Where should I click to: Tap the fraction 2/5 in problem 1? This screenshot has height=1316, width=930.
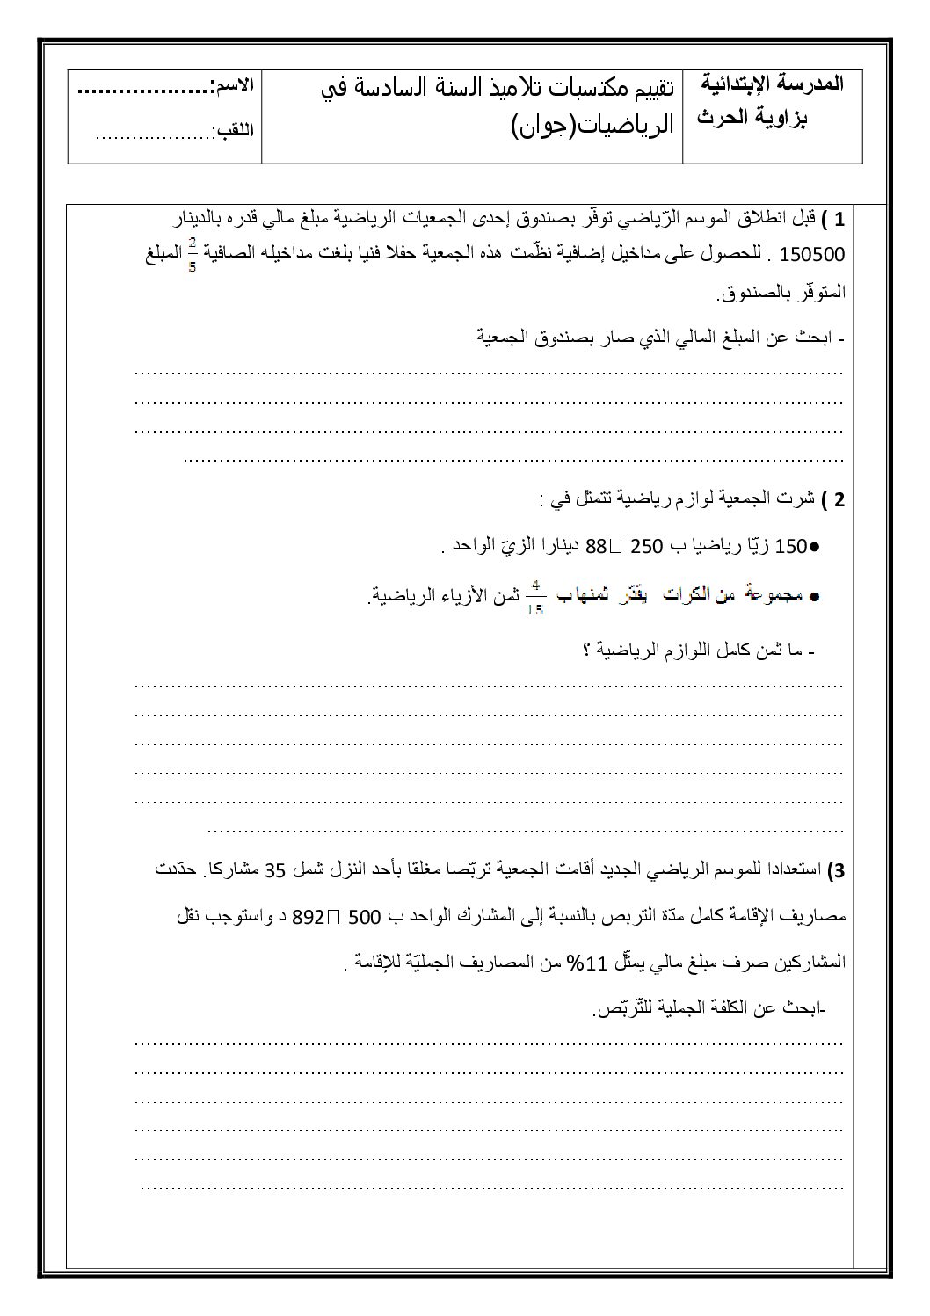193,254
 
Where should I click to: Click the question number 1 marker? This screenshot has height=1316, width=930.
839,218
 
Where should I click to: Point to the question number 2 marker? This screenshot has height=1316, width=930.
839,500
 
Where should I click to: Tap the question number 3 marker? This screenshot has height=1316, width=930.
836,871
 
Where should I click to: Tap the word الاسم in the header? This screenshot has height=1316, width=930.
234,86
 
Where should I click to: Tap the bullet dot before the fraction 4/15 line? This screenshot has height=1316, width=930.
814,597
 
